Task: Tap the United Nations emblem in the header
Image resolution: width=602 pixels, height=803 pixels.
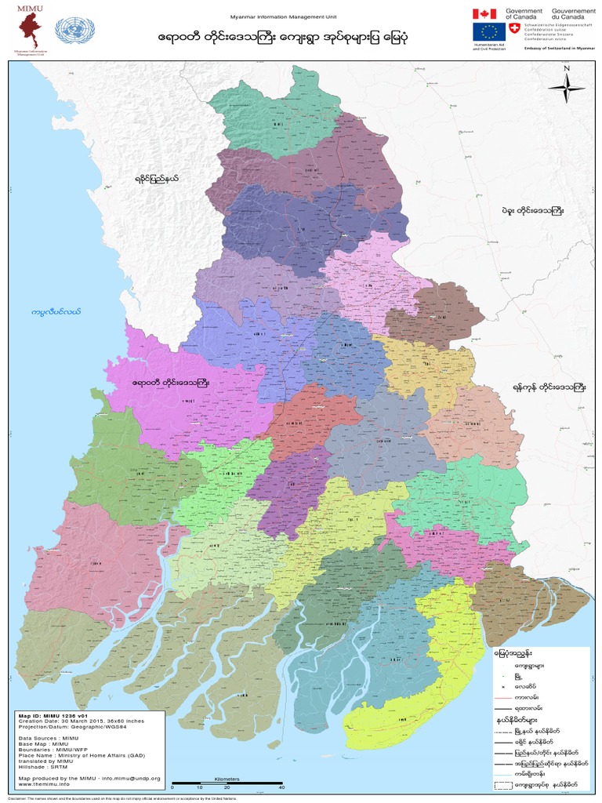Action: [x=74, y=32]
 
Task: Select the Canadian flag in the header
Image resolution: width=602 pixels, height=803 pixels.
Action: [x=484, y=13]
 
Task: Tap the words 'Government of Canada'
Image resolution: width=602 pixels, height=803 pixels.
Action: [x=524, y=14]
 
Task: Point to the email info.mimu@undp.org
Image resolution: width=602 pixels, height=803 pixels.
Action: [x=130, y=778]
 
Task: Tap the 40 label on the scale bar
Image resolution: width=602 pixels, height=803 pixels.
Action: [x=281, y=787]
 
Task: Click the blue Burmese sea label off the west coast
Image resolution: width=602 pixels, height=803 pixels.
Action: [x=56, y=312]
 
